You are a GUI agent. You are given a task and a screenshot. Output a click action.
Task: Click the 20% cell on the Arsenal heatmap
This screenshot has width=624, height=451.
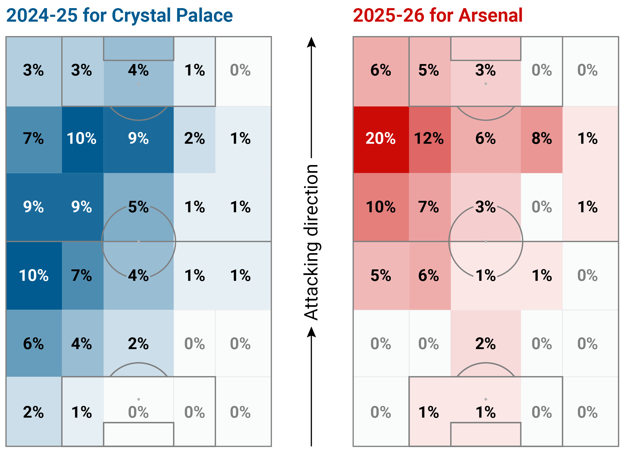(x=380, y=139)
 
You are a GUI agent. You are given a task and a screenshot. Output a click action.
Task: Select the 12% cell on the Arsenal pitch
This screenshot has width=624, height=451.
(x=429, y=139)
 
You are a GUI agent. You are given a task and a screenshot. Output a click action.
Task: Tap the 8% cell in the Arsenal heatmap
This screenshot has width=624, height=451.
(x=542, y=139)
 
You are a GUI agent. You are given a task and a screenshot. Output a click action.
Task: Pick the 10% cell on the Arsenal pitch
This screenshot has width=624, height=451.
(x=380, y=207)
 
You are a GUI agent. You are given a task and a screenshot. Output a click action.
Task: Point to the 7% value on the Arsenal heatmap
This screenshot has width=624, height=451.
(x=429, y=207)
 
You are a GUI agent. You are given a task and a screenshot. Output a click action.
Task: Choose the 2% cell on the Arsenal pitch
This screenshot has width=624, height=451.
(x=485, y=343)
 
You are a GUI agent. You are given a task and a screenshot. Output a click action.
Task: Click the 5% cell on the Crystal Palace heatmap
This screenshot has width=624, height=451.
(x=138, y=207)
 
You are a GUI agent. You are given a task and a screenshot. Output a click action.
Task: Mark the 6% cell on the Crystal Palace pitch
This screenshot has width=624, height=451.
(x=33, y=343)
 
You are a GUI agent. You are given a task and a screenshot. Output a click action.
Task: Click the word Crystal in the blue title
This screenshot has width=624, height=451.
(x=141, y=16)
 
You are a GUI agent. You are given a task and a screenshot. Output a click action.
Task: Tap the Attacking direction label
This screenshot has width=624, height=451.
(x=311, y=242)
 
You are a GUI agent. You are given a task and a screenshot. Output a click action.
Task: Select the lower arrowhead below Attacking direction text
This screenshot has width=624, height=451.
(x=311, y=332)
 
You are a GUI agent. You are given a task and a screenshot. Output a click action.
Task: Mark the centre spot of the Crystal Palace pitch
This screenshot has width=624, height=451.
(x=138, y=241)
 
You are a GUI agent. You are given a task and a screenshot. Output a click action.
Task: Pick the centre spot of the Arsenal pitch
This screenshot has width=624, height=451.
(x=486, y=241)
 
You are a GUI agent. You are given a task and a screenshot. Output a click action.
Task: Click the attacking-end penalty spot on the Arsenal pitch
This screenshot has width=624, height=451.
(x=486, y=84)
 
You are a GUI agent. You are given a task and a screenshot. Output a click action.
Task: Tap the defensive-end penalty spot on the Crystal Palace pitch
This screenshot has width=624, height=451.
(x=138, y=399)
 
